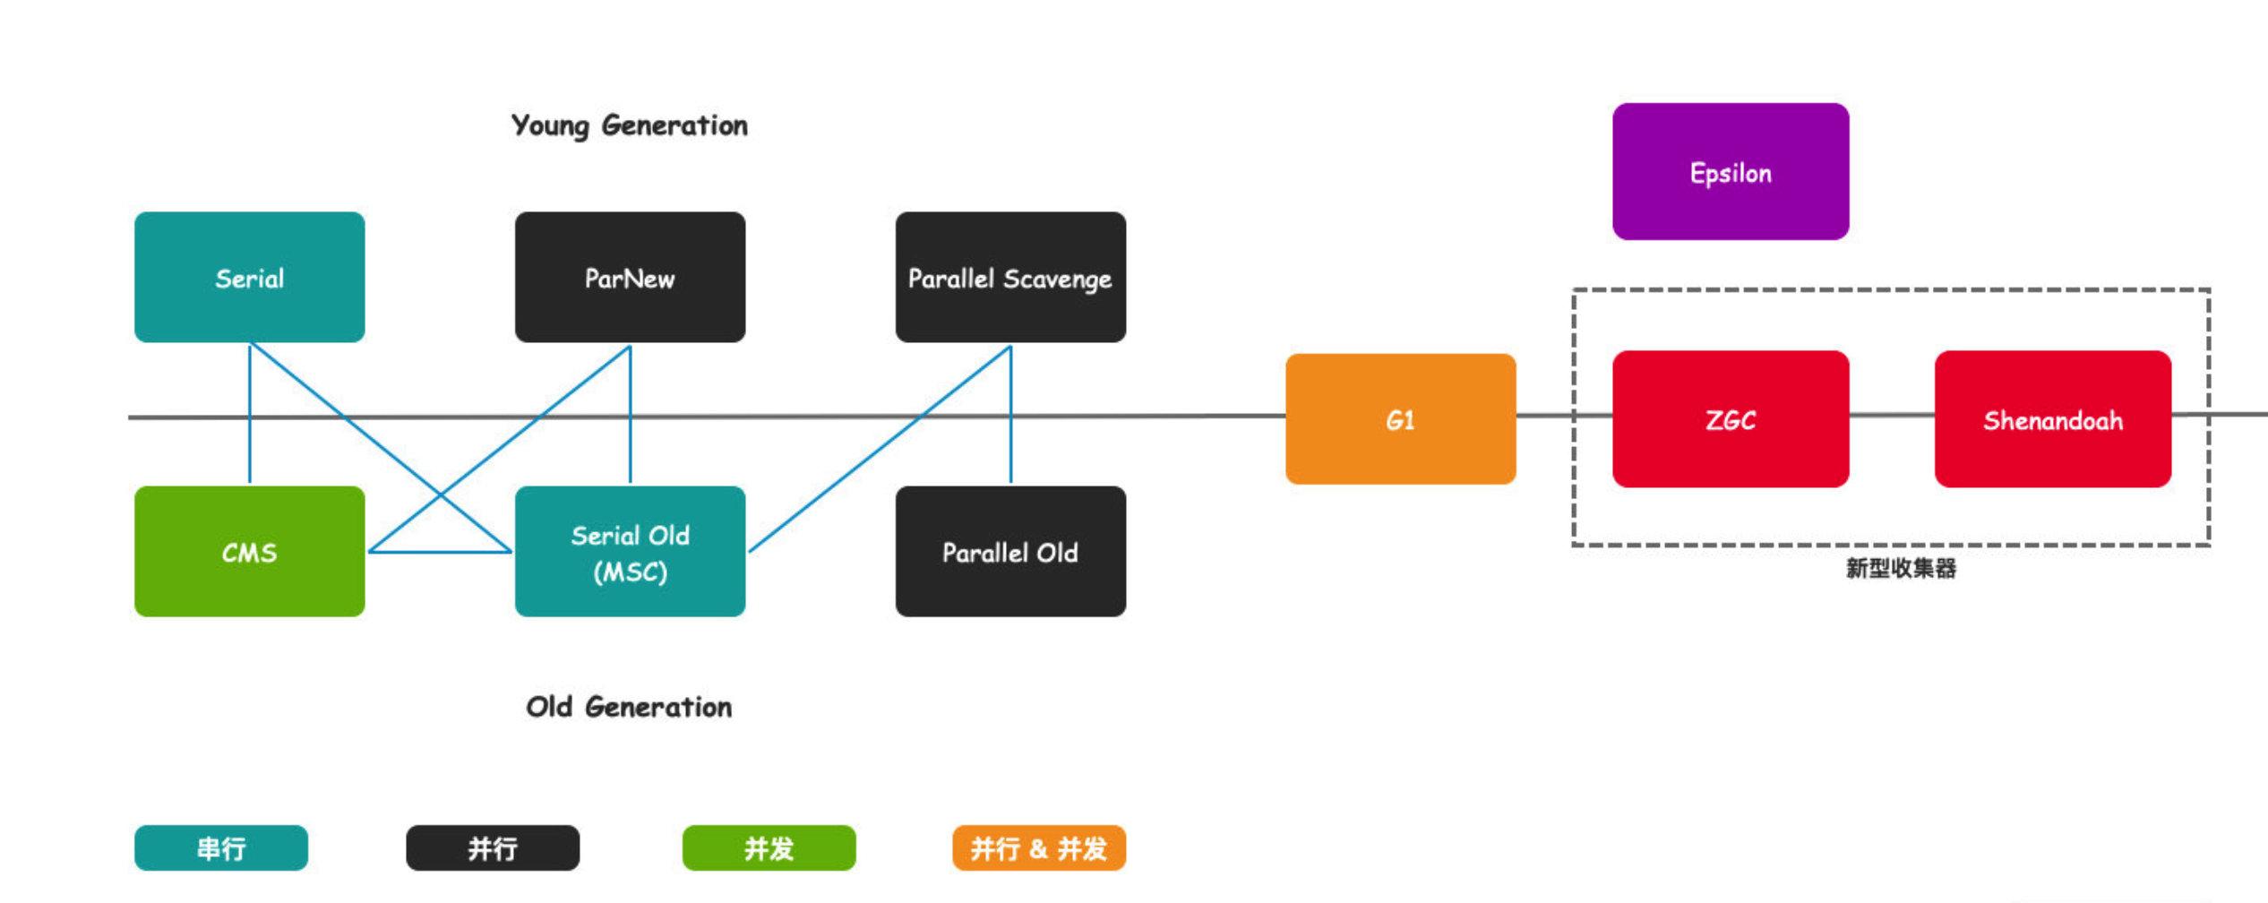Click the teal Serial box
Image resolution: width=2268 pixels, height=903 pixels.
(x=249, y=278)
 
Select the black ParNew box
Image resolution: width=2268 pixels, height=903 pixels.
(x=630, y=278)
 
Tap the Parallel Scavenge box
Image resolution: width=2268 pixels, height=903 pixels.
(x=1010, y=278)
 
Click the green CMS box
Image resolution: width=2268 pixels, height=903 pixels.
(x=249, y=552)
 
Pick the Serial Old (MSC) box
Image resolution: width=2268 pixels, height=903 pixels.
(x=630, y=552)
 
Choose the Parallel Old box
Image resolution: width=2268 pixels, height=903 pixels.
(x=1010, y=552)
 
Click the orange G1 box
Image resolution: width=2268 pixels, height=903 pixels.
(x=1400, y=419)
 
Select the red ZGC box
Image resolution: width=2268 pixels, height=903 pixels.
(x=1731, y=419)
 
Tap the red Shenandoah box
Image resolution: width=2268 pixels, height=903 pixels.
(x=2052, y=419)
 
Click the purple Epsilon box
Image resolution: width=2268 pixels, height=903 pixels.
(x=1731, y=172)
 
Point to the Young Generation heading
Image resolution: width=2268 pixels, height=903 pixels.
(x=629, y=125)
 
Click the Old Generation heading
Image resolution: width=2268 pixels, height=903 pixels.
(x=629, y=707)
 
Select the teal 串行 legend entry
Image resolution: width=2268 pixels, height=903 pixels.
(x=221, y=847)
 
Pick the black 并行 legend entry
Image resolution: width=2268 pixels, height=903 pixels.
(x=493, y=847)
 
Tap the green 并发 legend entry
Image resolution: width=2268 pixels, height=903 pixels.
(x=769, y=847)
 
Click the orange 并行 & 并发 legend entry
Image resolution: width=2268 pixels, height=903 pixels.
(x=1038, y=847)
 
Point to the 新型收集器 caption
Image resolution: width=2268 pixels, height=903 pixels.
(x=1901, y=568)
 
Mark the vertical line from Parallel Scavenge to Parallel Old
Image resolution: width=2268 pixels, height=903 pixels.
(x=1010, y=448)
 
